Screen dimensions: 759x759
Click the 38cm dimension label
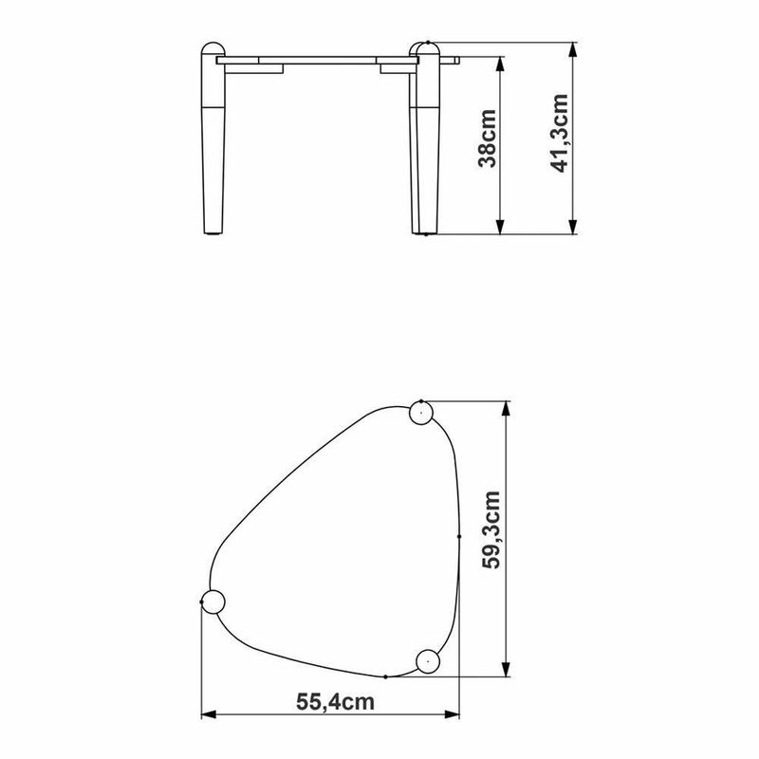tap(487, 139)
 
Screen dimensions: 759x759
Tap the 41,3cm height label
tap(559, 133)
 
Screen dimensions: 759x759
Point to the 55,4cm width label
tap(336, 702)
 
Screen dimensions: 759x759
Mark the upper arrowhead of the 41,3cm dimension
tap(573, 50)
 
